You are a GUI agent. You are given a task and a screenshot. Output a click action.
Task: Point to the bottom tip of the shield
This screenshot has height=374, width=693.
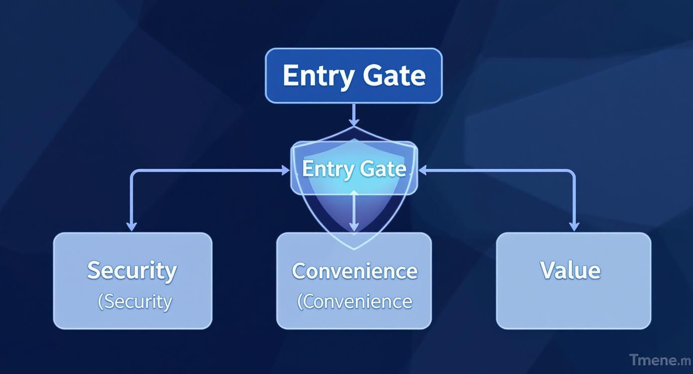point(353,248)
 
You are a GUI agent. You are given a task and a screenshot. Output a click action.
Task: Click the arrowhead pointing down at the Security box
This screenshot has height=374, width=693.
point(131,227)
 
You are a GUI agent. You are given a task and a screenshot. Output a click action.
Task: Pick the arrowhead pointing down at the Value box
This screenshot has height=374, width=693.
point(574,227)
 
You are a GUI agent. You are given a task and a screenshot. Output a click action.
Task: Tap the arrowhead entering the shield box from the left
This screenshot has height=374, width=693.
point(286,171)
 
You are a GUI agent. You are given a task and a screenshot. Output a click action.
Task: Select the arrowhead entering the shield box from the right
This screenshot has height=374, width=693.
point(423,171)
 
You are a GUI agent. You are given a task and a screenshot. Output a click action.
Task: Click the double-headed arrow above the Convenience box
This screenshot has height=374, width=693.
point(353,211)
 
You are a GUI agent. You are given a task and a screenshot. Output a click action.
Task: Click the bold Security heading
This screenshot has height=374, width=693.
point(132,271)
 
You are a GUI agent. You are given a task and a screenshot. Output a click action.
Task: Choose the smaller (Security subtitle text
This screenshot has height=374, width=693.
point(135,301)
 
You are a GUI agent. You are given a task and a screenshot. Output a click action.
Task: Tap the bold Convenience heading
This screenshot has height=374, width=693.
point(354,271)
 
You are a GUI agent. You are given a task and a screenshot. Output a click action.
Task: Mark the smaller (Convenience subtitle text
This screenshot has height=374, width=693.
point(354,301)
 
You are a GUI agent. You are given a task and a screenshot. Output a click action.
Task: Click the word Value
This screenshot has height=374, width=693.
point(570,270)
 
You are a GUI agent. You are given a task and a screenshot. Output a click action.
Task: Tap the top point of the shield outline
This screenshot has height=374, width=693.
point(353,127)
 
